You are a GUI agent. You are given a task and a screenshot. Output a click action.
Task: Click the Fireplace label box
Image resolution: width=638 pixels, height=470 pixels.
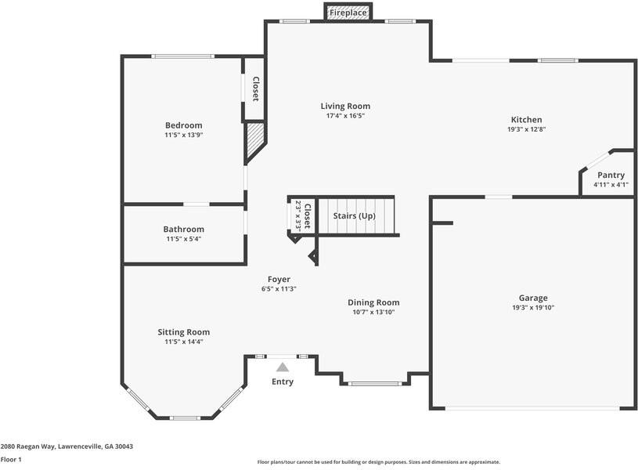348,12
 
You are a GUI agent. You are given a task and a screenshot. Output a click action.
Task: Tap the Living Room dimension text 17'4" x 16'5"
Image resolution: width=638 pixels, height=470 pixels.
345,116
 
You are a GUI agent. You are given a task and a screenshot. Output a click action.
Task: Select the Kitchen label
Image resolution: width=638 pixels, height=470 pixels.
527,120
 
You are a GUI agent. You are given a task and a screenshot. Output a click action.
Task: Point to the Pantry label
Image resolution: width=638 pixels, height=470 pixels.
611,175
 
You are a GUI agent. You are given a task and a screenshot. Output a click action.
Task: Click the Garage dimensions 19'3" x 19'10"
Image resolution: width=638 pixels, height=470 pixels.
533,308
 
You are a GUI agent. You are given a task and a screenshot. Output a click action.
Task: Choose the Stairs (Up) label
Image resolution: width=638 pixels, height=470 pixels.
354,216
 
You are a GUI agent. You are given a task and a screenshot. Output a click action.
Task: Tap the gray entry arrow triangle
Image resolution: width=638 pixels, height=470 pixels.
283,367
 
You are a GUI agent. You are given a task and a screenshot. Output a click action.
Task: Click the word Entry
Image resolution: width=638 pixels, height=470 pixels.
283,381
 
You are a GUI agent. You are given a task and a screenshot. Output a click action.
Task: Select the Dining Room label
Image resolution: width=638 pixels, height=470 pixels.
373,302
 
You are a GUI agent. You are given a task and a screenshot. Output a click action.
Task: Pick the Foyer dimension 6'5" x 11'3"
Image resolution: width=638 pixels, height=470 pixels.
279,289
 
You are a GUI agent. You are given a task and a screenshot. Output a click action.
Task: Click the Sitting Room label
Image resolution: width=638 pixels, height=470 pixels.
183,332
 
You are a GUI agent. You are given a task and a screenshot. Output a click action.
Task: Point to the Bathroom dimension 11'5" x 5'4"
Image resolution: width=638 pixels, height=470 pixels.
183,239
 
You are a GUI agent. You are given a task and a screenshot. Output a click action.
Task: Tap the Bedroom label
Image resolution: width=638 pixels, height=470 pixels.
183,125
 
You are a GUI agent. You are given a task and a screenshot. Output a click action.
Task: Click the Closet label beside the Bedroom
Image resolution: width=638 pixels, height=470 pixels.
256,89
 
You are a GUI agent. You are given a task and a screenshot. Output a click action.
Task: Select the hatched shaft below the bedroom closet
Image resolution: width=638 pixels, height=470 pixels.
254,140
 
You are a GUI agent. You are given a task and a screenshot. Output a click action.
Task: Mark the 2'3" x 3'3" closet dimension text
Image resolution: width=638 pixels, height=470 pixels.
297,216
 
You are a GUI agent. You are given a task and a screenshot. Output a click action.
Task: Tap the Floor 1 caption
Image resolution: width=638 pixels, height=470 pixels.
11,459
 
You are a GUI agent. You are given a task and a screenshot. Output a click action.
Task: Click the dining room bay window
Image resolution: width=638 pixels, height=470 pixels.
375,384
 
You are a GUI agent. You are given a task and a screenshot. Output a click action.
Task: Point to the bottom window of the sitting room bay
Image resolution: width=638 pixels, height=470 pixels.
185,418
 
